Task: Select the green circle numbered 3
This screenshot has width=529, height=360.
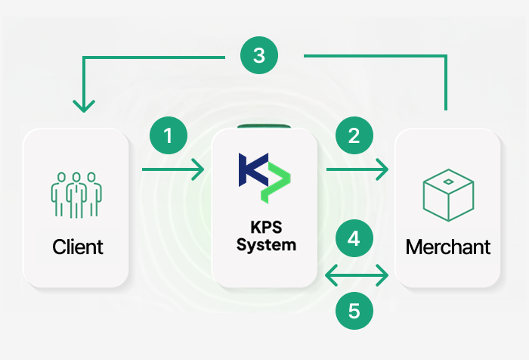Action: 258,55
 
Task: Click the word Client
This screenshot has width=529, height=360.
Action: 78,247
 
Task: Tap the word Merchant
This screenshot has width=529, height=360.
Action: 447,247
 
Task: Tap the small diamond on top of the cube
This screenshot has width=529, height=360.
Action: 447,182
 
